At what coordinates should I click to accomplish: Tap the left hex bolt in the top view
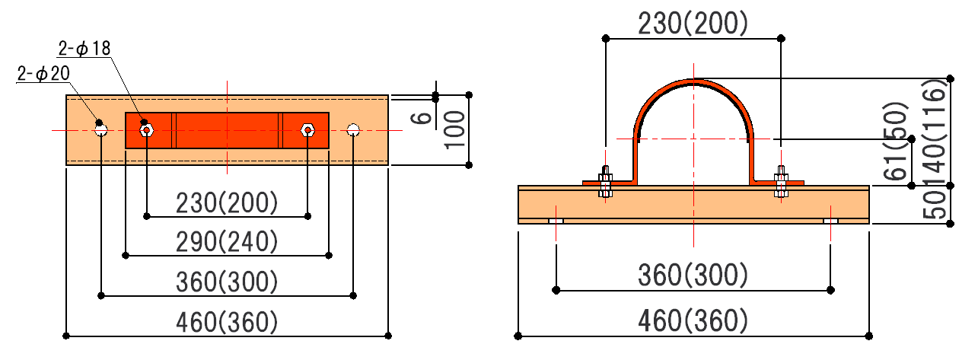(x=146, y=130)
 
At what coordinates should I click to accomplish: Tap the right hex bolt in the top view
(x=307, y=130)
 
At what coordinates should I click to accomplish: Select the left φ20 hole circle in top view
(x=101, y=130)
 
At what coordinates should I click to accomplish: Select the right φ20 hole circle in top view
(x=352, y=130)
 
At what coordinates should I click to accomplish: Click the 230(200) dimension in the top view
(x=227, y=203)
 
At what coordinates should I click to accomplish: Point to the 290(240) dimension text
(x=227, y=242)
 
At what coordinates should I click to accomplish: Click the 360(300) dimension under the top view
(x=227, y=282)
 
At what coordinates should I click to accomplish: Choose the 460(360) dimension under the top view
(x=227, y=322)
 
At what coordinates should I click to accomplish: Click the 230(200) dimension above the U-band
(x=692, y=24)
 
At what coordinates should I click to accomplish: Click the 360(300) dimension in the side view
(x=693, y=274)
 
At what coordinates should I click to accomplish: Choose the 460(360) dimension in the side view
(x=693, y=320)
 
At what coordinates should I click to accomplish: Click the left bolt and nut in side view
(x=605, y=183)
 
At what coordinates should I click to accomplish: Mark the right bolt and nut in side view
(x=781, y=183)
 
